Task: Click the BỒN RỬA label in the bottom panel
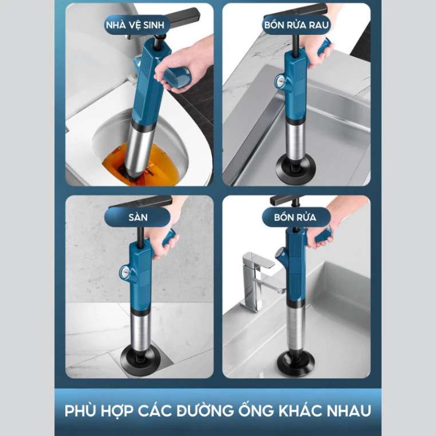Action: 296,218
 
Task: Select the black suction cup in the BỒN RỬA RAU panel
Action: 297,166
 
